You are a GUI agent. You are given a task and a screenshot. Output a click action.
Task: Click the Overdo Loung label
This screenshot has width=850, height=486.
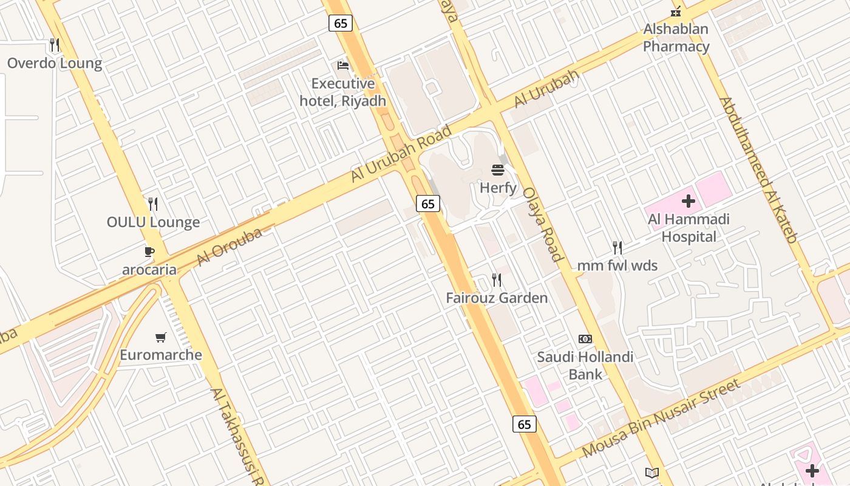click(55, 63)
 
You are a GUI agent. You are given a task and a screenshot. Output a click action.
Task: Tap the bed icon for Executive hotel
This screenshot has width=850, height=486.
click(343, 66)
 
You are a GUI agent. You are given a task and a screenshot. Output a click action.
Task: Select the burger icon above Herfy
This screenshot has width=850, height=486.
click(498, 169)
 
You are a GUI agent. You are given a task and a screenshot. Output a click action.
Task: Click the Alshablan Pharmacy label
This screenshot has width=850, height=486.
click(676, 38)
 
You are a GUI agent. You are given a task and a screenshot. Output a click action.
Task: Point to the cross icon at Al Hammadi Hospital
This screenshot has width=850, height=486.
click(688, 201)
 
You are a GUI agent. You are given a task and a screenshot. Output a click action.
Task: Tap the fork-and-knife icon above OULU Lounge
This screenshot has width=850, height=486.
click(153, 204)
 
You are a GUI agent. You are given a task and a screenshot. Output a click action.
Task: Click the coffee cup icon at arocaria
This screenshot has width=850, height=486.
click(149, 252)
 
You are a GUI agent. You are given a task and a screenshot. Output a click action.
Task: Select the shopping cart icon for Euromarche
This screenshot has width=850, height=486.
click(161, 337)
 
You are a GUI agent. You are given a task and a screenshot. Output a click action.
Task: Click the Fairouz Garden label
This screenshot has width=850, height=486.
click(497, 298)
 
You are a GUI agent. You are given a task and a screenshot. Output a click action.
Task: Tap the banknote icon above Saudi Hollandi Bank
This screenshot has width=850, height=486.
click(585, 339)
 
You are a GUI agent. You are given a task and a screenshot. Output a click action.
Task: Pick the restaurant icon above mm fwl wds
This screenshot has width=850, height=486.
click(617, 248)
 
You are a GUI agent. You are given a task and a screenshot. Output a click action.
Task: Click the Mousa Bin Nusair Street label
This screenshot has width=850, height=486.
click(661, 418)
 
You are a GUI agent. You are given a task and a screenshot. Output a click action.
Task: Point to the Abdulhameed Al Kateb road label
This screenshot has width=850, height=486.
click(758, 170)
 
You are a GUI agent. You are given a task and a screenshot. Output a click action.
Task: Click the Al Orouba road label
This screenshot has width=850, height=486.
click(229, 247)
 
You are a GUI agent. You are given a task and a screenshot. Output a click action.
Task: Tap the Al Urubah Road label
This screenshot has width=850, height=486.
click(401, 154)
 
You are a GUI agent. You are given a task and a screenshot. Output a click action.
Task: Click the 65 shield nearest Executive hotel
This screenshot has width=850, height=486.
click(341, 23)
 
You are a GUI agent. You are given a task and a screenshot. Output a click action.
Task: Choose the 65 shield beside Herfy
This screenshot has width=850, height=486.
click(428, 204)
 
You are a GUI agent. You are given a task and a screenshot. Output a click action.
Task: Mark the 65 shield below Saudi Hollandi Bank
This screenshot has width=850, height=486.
click(525, 424)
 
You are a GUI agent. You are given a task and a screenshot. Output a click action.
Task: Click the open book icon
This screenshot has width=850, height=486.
click(651, 473)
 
